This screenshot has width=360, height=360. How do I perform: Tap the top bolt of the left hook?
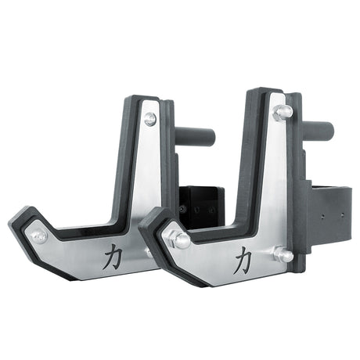click(x=149, y=119)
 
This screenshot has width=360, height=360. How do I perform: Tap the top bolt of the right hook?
click(x=283, y=112)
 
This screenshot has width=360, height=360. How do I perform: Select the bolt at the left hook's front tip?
click(x=38, y=236)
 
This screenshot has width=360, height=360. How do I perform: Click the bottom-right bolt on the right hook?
click(x=283, y=254)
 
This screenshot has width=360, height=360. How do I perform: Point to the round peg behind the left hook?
click(x=196, y=135)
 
